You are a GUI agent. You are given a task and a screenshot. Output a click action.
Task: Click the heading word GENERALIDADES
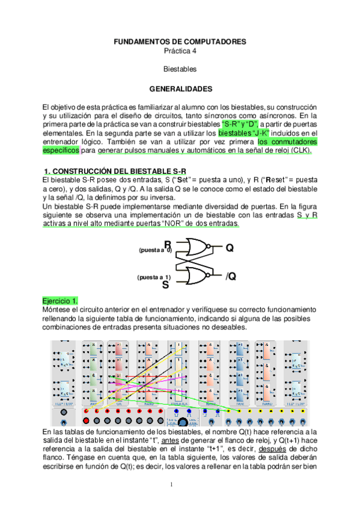point(180,89)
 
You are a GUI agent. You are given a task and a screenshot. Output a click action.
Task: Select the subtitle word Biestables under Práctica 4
point(180,70)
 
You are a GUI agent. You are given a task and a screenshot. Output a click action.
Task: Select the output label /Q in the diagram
point(230,277)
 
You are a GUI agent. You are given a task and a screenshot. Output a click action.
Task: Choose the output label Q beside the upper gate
point(229,248)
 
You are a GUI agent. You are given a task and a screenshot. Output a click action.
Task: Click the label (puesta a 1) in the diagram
point(154,277)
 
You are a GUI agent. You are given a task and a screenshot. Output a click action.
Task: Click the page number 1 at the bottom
point(171,485)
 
